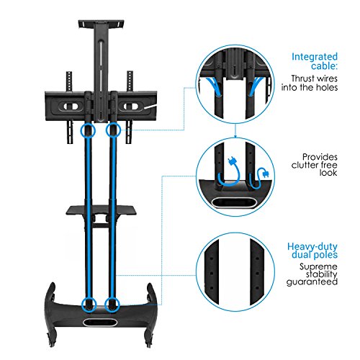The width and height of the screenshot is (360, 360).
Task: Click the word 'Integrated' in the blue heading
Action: click(x=315, y=58)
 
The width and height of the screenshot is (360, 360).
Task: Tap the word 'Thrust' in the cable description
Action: click(x=302, y=78)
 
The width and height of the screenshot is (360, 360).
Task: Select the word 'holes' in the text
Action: click(x=326, y=87)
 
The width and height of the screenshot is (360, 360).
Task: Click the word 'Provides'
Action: click(x=320, y=157)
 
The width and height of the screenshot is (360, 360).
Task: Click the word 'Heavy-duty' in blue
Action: click(x=312, y=247)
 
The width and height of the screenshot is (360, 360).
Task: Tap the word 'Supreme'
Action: click(x=318, y=266)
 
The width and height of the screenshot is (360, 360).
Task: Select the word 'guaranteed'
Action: click(x=312, y=282)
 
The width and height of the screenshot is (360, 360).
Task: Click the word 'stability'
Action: click(x=321, y=274)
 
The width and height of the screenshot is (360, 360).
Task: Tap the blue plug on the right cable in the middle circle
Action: click(x=265, y=174)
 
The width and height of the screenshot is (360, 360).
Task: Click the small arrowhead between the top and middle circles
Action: click(x=235, y=136)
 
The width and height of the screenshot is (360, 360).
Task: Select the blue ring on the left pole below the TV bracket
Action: click(x=88, y=130)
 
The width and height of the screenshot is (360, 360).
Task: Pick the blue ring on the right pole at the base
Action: click(x=112, y=305)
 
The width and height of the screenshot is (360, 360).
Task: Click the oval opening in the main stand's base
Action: click(x=100, y=323)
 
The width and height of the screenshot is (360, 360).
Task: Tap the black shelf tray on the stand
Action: click(x=102, y=210)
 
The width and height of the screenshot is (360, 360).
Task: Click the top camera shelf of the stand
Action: click(x=102, y=24)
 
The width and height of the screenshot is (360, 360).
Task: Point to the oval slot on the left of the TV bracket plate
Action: click(x=71, y=106)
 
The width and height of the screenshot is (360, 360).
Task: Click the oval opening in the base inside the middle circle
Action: click(x=234, y=202)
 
